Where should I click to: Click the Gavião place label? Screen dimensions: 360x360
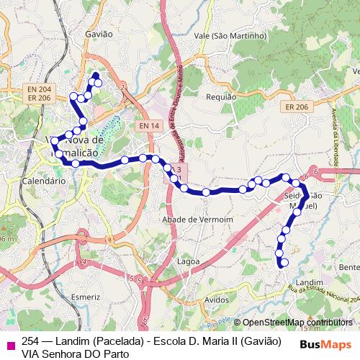(99, 34)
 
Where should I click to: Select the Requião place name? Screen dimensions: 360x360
(221, 96)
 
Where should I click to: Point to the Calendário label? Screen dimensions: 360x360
(45, 181)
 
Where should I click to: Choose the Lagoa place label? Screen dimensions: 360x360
(187, 261)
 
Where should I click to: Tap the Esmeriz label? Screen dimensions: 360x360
(86, 296)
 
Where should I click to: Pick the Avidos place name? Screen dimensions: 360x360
(216, 298)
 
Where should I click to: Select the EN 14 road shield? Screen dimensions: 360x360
(149, 126)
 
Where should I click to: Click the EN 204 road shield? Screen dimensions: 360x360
(39, 89)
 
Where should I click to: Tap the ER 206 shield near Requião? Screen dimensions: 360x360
(296, 107)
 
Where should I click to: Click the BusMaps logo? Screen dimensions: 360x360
(325, 344)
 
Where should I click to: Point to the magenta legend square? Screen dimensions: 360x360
(9, 341)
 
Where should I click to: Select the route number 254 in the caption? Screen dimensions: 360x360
(30, 341)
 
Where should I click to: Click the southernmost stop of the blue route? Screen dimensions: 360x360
(284, 263)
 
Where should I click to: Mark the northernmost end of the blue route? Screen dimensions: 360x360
(96, 75)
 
